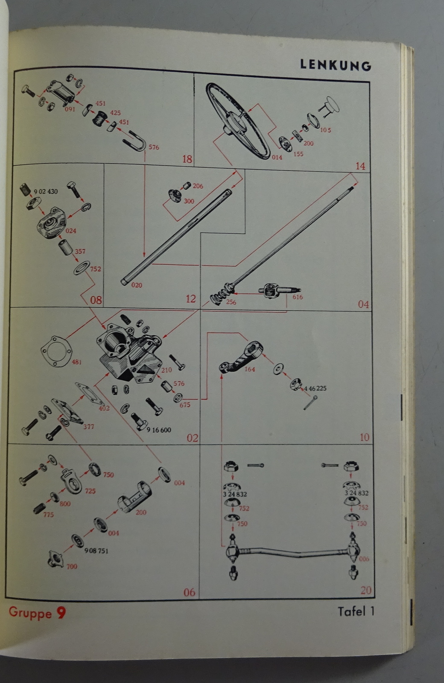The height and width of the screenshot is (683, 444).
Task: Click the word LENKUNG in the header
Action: (336, 65)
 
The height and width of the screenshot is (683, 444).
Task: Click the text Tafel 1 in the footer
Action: (356, 611)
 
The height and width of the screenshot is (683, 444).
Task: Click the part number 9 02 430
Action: (46, 192)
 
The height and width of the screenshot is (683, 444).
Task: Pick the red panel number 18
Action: (187, 159)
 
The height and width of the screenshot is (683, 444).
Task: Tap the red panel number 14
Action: (360, 166)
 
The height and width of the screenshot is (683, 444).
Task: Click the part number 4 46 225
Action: (315, 388)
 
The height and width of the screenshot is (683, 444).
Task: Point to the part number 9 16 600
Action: (158, 430)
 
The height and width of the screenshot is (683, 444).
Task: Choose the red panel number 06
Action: (189, 592)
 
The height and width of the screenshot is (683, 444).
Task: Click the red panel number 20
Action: (366, 590)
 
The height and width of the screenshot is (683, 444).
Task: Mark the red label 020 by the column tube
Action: (137, 285)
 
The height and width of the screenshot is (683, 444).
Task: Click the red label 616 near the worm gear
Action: (297, 297)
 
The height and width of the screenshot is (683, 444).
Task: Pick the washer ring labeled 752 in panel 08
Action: (82, 268)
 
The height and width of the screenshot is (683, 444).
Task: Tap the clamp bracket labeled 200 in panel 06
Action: (135, 497)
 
